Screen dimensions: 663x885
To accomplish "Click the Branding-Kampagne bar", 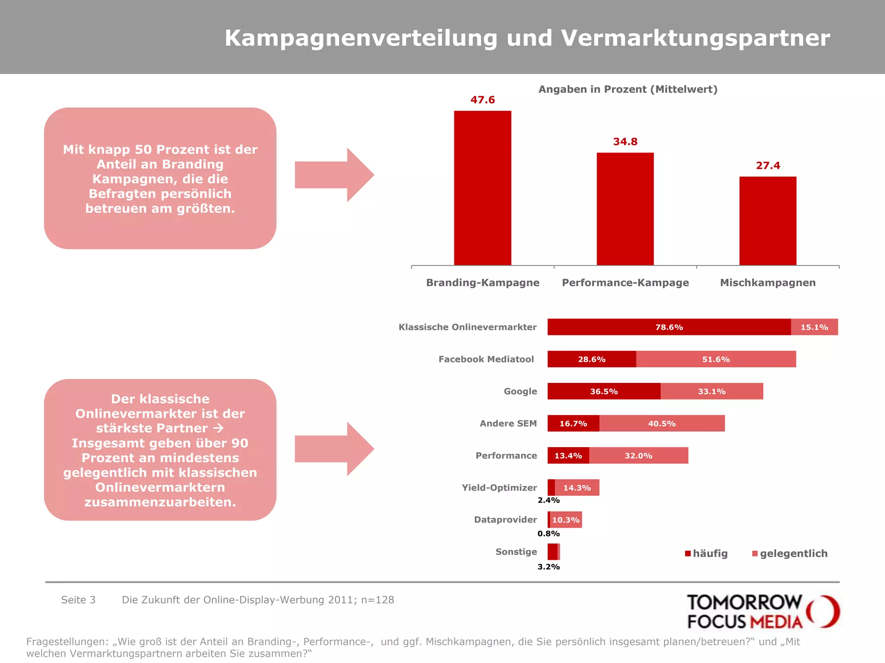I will point(482,188).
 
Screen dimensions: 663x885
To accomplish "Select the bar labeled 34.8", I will point(625,208).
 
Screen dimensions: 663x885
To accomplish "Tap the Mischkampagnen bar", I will point(767,221).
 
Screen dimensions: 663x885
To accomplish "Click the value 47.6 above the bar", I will point(482,100).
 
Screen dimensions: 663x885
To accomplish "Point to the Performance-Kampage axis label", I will point(625,283).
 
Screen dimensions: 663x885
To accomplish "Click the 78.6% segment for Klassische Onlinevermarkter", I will point(669,327).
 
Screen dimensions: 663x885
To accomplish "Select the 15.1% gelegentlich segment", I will point(814,327).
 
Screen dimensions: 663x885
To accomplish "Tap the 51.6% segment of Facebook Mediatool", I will point(716,359).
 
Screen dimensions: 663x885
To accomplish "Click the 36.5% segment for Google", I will point(604,391).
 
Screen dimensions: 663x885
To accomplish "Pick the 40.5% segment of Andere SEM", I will point(662,423).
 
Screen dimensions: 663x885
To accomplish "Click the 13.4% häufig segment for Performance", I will point(568,456).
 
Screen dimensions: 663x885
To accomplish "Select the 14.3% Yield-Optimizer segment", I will point(577,488).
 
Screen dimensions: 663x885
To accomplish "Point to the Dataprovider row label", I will point(505,520).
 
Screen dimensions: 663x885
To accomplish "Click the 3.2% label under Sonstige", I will point(548,567).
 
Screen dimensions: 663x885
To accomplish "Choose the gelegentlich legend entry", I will point(789,553).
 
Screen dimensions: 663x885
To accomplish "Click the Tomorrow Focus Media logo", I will point(763,611).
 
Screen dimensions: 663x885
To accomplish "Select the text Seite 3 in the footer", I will point(78,600).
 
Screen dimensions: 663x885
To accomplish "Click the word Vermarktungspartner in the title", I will point(695,38).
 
